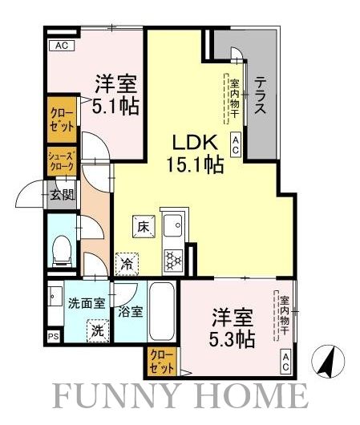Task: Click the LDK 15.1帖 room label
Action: [x=194, y=154]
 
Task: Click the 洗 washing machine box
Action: [x=95, y=329]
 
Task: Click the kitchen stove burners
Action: [x=172, y=259]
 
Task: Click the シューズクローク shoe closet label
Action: [x=61, y=161]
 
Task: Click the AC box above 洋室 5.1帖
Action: [x=61, y=47]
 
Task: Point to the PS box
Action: [x=53, y=337]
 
